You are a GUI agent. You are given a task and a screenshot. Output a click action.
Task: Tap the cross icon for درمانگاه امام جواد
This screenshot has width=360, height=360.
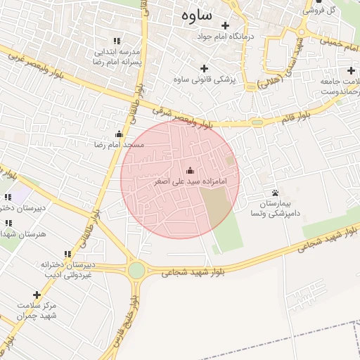[225, 25]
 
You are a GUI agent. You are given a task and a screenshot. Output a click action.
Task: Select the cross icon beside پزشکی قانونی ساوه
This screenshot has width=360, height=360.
[205, 68]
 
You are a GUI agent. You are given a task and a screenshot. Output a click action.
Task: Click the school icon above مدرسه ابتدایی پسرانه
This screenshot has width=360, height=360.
[116, 41]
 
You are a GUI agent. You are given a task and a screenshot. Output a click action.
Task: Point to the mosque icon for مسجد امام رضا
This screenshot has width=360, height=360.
[118, 134]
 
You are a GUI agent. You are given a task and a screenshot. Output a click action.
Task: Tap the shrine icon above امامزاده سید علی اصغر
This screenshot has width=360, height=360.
[190, 170]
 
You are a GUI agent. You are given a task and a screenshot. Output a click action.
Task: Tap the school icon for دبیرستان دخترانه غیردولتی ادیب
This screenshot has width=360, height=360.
[67, 254]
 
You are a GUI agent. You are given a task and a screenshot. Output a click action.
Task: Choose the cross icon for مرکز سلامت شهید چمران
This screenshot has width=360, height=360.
[37, 295]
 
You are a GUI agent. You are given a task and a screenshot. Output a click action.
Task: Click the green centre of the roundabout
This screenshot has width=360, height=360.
[136, 270]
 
